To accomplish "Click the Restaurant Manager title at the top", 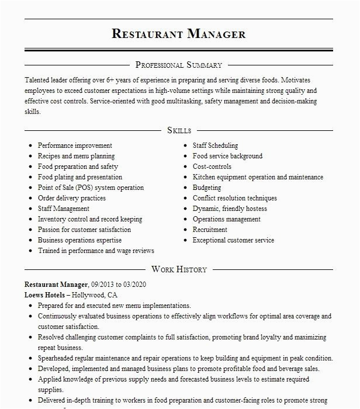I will (x=179, y=33).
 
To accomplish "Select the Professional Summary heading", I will (x=179, y=65).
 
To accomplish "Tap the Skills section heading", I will (x=179, y=130).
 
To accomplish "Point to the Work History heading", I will (x=179, y=269).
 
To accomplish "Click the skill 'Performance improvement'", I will (x=75, y=145).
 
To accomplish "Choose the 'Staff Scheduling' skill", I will (x=215, y=145).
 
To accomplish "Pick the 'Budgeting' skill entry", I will (x=207, y=188).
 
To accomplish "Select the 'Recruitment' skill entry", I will (x=210, y=230).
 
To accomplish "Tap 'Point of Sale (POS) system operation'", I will (x=91, y=188).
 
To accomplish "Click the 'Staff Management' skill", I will (x=64, y=209).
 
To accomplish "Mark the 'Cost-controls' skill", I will (x=212, y=167).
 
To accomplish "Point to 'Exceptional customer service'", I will (x=233, y=240).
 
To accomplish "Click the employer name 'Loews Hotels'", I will (x=44, y=295).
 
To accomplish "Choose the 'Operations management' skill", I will (x=227, y=219).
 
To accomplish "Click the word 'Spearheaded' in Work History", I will (x=58, y=358).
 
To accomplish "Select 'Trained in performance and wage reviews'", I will (x=96, y=251).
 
